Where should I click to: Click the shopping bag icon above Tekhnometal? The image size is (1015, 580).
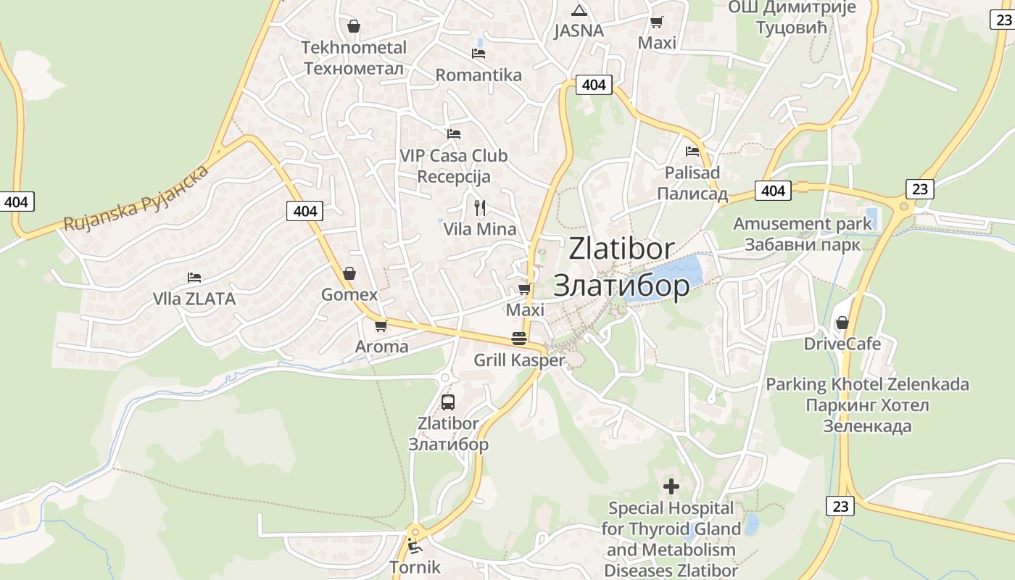tap(353, 26)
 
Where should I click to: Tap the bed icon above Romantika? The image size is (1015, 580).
tap(478, 53)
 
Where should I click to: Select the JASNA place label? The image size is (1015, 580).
tap(579, 30)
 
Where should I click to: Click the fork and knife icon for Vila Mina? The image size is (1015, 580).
tap(479, 207)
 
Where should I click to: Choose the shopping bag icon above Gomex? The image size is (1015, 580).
tap(349, 273)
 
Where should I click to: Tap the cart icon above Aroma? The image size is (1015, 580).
tap(381, 326)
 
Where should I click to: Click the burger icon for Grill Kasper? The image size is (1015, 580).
tap(518, 339)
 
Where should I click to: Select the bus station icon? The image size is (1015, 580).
tap(448, 402)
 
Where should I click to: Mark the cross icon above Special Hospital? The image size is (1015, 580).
tap(671, 486)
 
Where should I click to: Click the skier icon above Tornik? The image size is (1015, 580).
tap(415, 546)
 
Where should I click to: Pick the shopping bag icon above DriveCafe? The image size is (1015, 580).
tap(842, 322)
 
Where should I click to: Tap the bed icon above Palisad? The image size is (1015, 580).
tap(692, 152)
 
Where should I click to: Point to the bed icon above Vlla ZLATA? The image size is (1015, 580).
tap(194, 277)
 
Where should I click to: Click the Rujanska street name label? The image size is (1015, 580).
tap(136, 199)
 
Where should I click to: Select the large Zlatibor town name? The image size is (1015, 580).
tap(621, 266)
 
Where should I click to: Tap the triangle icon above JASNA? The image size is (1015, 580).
tap(579, 10)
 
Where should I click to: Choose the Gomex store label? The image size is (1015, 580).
tap(349, 294)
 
